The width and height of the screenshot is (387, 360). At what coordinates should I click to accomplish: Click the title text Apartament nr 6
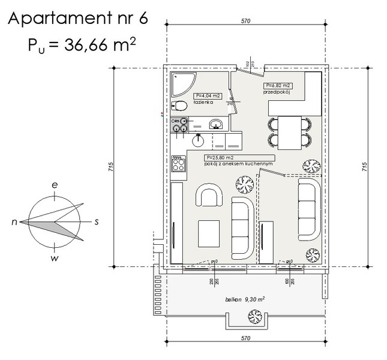(77, 19)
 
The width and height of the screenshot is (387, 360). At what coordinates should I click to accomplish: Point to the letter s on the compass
(97, 221)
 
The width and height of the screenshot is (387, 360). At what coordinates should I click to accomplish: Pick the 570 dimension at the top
(245, 21)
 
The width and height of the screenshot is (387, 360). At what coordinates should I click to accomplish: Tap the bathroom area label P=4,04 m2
(208, 96)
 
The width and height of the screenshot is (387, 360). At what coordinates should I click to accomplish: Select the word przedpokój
(277, 93)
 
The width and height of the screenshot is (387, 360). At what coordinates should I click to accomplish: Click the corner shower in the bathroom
(181, 85)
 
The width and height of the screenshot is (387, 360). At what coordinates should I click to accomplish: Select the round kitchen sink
(197, 140)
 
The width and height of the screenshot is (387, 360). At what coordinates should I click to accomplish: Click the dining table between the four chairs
(290, 133)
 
